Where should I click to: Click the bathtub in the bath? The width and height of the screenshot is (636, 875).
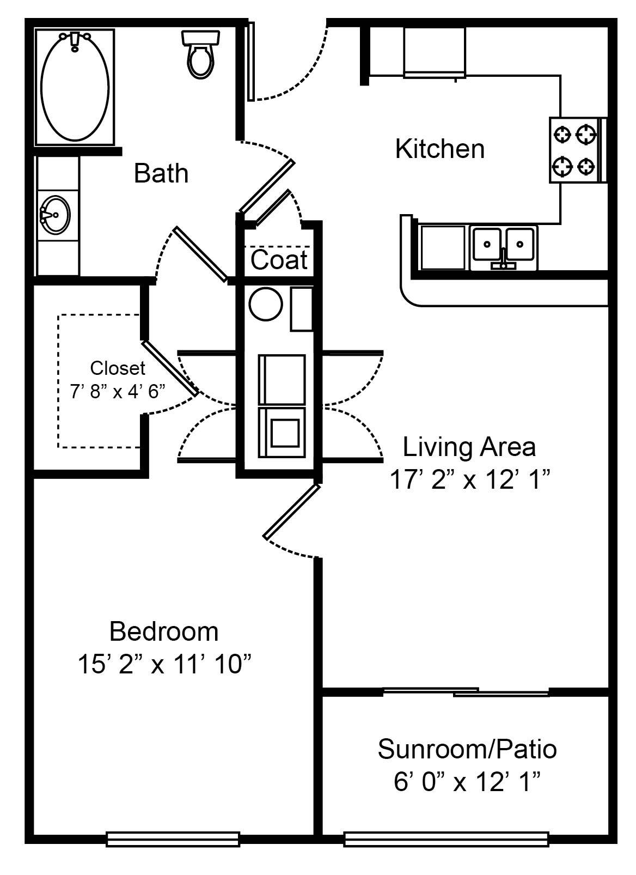point(75,87)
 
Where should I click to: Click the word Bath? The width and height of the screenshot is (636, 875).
point(161,173)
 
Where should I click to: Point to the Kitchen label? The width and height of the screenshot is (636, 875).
point(439,149)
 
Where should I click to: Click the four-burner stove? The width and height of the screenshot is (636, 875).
point(574,150)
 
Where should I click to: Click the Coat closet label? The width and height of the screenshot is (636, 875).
point(279,260)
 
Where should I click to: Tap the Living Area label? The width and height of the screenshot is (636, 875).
point(469,447)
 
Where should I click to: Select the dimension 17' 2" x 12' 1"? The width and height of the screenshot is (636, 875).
point(469,480)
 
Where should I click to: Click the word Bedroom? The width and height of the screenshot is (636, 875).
point(164,631)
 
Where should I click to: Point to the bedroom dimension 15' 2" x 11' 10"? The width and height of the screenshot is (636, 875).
point(164,664)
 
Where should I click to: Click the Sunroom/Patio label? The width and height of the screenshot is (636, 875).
point(467,749)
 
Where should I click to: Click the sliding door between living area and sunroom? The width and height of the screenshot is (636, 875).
point(466,692)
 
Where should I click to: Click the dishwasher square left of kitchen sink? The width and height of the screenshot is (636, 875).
point(443,247)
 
